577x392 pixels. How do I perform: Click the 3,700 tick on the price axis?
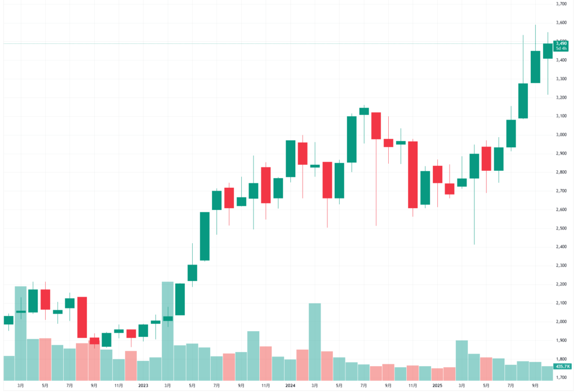[561, 4]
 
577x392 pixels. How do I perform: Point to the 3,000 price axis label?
[561, 135]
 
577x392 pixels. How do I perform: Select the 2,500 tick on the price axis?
[561, 228]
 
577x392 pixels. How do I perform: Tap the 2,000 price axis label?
[561, 321]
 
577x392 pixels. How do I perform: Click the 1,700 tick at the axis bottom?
[561, 377]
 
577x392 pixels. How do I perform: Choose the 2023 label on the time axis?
[143, 385]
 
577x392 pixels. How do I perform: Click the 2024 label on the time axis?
[290, 385]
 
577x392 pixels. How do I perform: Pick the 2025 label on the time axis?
[437, 385]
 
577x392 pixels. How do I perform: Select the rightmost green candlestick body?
[548, 51]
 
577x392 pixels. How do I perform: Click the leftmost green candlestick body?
[8, 320]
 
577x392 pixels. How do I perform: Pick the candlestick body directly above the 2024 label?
[290, 158]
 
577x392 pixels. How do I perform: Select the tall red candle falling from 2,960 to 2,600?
[413, 175]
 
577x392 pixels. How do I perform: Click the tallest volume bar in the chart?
[168, 331]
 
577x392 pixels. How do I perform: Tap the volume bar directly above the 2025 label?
[437, 374]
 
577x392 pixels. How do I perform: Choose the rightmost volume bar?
[548, 373]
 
